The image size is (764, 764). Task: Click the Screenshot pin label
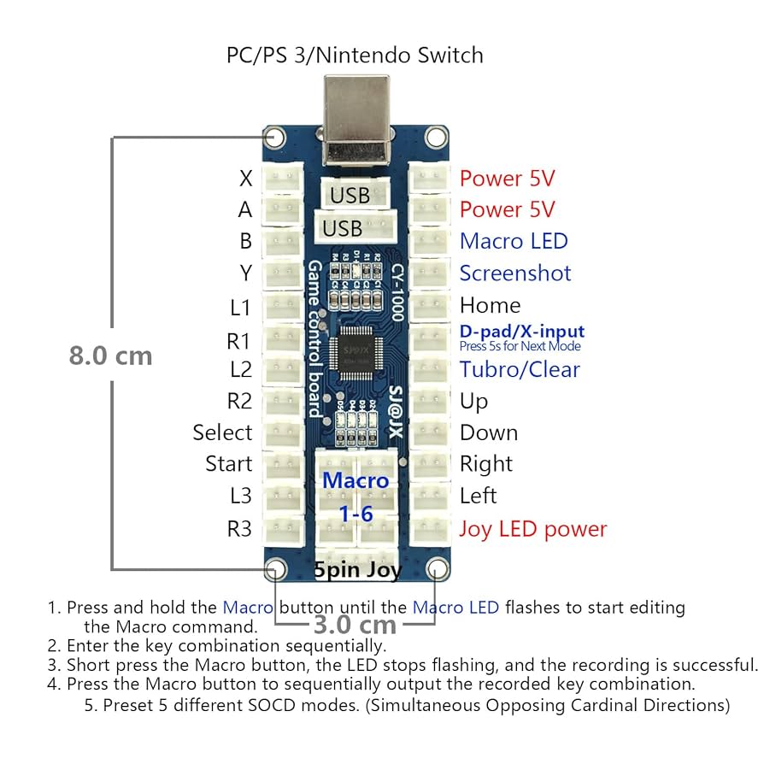click(x=515, y=273)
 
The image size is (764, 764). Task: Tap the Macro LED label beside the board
click(x=514, y=242)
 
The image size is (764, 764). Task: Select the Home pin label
click(x=490, y=305)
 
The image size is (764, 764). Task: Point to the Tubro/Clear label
click(x=520, y=369)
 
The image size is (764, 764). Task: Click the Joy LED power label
click(x=532, y=529)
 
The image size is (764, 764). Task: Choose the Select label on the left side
click(x=222, y=432)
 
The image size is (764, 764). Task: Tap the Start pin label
click(x=229, y=464)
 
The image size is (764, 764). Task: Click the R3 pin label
click(x=239, y=529)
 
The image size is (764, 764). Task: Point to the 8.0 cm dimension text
click(x=110, y=356)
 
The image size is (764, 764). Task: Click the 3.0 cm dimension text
click(x=355, y=625)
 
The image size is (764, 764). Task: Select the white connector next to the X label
click(x=283, y=179)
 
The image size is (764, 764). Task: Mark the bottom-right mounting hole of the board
click(x=437, y=569)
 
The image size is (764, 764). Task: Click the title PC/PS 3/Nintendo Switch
click(x=355, y=56)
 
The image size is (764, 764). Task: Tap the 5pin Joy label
click(x=357, y=570)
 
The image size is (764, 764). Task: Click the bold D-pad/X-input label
click(x=522, y=332)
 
